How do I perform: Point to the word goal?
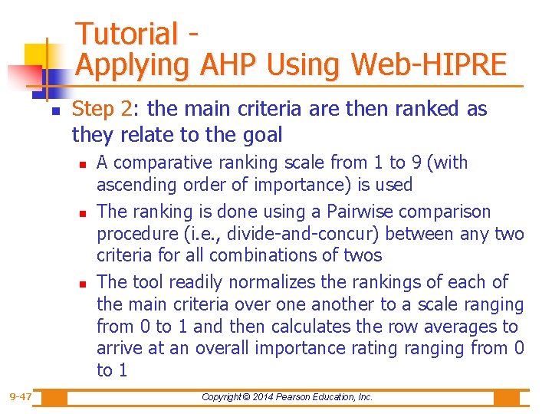258,135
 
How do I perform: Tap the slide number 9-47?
21,397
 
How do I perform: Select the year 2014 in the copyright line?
260,397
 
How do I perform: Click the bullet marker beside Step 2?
56,111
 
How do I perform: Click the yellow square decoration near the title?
36,54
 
